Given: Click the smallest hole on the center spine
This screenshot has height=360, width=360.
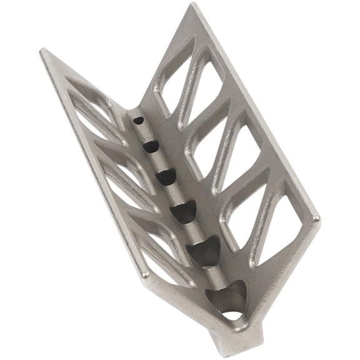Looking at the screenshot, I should [139, 119].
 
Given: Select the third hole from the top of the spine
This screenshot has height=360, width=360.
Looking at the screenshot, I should [166, 177].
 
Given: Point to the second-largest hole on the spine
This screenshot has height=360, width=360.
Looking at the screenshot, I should [204, 251].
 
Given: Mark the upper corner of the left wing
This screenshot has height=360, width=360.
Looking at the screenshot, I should [44, 52].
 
